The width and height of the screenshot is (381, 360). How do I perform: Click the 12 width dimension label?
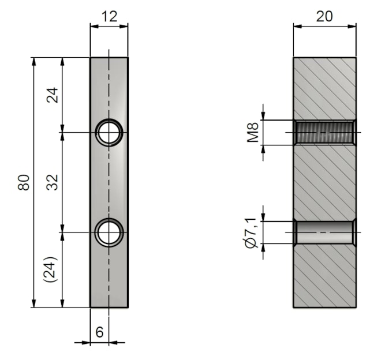tap(109, 17)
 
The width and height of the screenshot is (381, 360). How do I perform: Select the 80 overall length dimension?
tap(24, 182)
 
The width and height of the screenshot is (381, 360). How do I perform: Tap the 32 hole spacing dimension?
tap(53, 182)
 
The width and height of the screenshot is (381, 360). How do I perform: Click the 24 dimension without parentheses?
tap(53, 95)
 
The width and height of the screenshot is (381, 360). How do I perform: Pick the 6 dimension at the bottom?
tap(100, 332)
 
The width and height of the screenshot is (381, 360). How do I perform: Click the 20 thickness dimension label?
tap(324, 17)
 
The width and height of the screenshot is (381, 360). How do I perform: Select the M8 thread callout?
tap(253, 132)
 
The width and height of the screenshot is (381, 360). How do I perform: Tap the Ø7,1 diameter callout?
tap(251, 232)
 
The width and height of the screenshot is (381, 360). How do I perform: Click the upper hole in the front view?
tap(109, 132)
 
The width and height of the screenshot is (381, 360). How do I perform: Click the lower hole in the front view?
tap(109, 232)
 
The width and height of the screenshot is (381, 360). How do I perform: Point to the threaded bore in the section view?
tap(324, 132)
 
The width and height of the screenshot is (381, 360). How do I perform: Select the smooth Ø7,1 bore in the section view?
tap(324, 232)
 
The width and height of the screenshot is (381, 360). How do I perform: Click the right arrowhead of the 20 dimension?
tap(352, 26)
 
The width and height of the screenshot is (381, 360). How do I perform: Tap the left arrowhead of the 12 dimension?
tap(95, 26)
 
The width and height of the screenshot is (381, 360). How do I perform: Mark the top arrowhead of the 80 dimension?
tap(34, 62)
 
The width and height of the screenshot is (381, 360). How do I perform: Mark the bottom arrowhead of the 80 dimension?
tap(34, 303)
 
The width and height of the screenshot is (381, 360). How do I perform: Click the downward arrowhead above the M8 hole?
tap(263, 116)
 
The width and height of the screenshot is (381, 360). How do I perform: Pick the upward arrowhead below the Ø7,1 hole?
tap(263, 247)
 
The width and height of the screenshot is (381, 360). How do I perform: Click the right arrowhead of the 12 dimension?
tap(124, 26)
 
